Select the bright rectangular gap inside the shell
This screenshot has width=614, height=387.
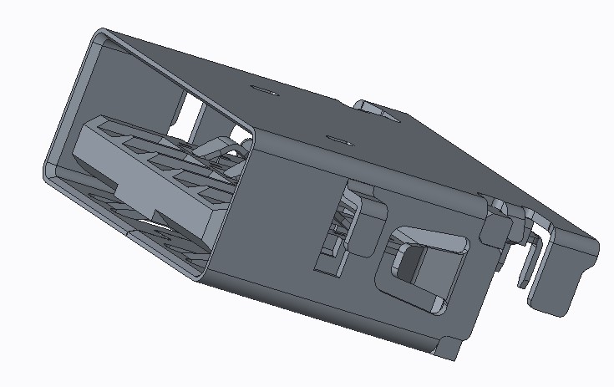[191, 111]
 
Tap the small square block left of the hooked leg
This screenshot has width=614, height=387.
[501, 227]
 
